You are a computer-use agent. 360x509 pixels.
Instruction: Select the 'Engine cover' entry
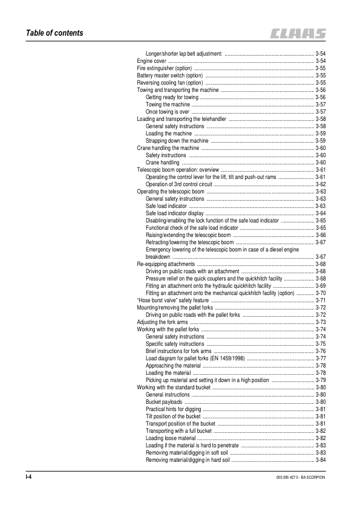pos(152,61)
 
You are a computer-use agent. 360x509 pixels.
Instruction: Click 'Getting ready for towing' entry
pos(172,97)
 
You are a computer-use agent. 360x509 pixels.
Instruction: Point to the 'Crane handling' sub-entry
pos(163,162)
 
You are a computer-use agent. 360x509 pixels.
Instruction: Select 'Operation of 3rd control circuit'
pos(183,184)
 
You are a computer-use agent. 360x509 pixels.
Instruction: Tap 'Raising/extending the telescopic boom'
pos(188,235)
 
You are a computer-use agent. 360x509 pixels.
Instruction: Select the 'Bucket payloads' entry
pos(164,401)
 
